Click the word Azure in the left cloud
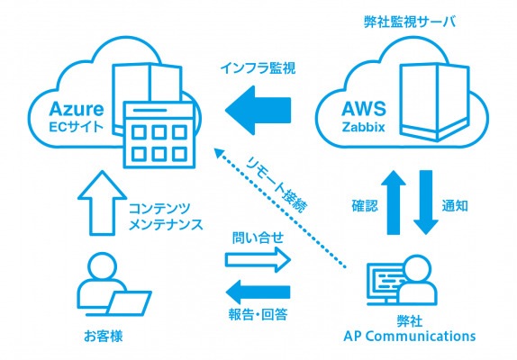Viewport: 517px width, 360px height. [x=77, y=109]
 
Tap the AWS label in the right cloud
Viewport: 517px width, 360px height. [x=363, y=109]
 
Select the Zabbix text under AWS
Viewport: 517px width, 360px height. [x=363, y=127]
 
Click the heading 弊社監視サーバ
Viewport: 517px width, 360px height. [x=410, y=22]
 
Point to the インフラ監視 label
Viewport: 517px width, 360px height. [x=258, y=68]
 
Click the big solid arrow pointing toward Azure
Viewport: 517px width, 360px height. [x=258, y=111]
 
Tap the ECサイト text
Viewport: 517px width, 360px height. [x=77, y=127]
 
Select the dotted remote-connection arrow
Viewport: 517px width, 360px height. [x=280, y=208]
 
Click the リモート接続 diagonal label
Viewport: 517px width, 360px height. [x=277, y=185]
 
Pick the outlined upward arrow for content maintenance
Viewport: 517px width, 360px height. [x=102, y=202]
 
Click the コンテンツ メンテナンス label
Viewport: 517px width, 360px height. [x=166, y=216]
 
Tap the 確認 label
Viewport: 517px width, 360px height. [x=365, y=206]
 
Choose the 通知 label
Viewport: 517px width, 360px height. [x=455, y=206]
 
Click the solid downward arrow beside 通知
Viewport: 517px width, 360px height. [x=426, y=202]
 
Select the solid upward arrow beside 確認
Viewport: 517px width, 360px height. [x=394, y=202]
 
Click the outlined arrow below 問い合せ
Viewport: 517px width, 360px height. [x=258, y=260]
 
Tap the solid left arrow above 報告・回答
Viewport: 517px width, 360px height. [x=258, y=292]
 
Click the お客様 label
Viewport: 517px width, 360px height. [x=104, y=337]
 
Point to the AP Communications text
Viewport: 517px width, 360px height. [x=410, y=337]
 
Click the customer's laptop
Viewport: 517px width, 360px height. [x=129, y=303]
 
